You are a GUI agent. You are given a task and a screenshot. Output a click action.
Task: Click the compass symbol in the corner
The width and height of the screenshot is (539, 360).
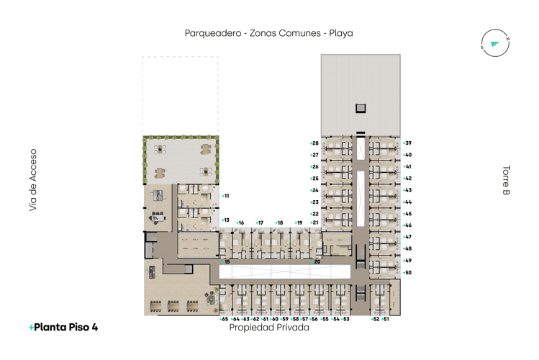coord(494,44)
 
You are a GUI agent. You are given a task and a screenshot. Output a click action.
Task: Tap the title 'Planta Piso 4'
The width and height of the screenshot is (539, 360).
coord(63,327)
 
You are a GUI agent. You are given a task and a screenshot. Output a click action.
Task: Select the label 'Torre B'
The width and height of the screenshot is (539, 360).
coord(506,181)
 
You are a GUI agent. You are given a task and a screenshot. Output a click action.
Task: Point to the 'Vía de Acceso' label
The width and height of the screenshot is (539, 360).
coord(32,180)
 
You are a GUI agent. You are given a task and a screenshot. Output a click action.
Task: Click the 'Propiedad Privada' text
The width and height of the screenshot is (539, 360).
coord(268,327)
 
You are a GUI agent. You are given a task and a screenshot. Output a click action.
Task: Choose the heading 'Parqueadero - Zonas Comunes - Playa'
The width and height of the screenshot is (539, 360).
coord(268,33)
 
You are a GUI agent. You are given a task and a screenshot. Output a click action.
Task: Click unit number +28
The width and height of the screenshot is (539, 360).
coord(314,143)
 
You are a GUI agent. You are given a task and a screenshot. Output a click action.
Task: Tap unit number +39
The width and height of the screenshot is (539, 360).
coord(407,143)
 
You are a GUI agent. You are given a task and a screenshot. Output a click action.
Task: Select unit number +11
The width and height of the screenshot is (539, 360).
coord(225,196)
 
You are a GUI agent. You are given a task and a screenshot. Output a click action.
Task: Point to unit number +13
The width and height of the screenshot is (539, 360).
coord(225,220)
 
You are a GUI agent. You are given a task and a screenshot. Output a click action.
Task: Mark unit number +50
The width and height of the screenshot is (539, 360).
coord(407,272)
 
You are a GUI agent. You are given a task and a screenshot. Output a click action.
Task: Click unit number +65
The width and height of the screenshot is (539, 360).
coord(224,318)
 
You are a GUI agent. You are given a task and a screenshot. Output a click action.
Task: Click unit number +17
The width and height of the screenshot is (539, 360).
coord(260,223)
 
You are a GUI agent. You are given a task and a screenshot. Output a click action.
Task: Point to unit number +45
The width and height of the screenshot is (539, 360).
coord(407,214)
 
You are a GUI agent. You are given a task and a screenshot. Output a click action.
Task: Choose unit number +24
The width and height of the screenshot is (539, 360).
coord(314,190)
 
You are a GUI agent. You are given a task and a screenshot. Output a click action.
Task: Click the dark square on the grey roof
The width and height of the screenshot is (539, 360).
coord(360,108)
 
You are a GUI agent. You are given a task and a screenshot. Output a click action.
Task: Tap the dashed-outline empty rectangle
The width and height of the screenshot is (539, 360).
coord(180,95)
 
